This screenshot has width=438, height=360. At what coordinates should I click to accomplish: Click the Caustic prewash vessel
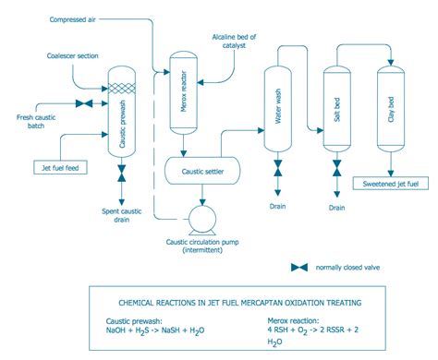coord(123,120)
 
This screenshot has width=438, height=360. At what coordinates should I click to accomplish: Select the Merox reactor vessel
coord(183,97)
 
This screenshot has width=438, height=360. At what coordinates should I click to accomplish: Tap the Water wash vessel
coord(277,115)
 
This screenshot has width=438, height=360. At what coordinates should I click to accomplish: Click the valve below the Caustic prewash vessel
coord(123,174)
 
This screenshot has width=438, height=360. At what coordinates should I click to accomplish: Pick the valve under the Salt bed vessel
coord(336,174)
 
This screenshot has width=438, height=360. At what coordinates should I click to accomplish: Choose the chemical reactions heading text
coord(226,302)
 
